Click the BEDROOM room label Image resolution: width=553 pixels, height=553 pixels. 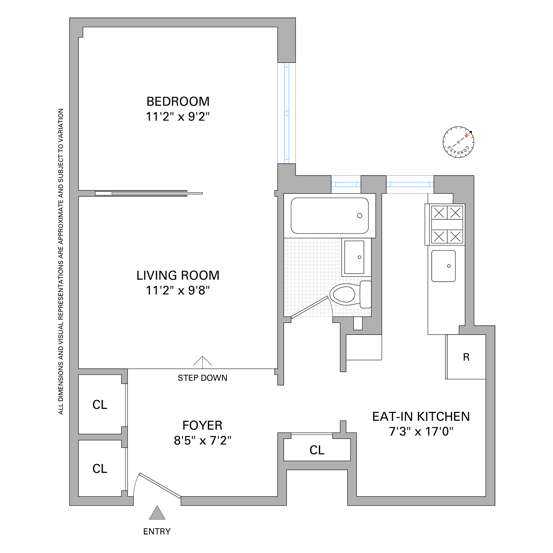pos(178,101)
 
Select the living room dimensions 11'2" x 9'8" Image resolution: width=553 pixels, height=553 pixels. pos(178,291)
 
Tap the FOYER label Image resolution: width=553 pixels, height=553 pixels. pos(202,425)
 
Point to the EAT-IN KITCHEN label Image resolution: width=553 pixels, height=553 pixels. pos(421,417)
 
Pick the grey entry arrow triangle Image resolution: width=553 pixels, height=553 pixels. pos(157,513)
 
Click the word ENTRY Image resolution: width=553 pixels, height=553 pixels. pos(157,531)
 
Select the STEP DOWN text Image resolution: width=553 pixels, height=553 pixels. pos(202,378)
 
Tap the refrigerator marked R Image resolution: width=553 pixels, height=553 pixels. pos(466,357)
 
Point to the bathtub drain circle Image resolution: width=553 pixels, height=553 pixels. pos(359,216)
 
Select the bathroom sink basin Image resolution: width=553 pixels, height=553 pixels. pos(354,257)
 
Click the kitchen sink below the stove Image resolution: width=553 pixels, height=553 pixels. pos(444,266)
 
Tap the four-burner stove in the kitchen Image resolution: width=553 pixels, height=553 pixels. pos(447,225)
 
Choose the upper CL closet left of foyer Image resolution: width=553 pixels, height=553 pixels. pos(100,404)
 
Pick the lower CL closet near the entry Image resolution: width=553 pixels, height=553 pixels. pos(100,469)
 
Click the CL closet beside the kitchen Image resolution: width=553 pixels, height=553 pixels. pos(317,450)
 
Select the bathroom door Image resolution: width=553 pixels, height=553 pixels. pos(310,306)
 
